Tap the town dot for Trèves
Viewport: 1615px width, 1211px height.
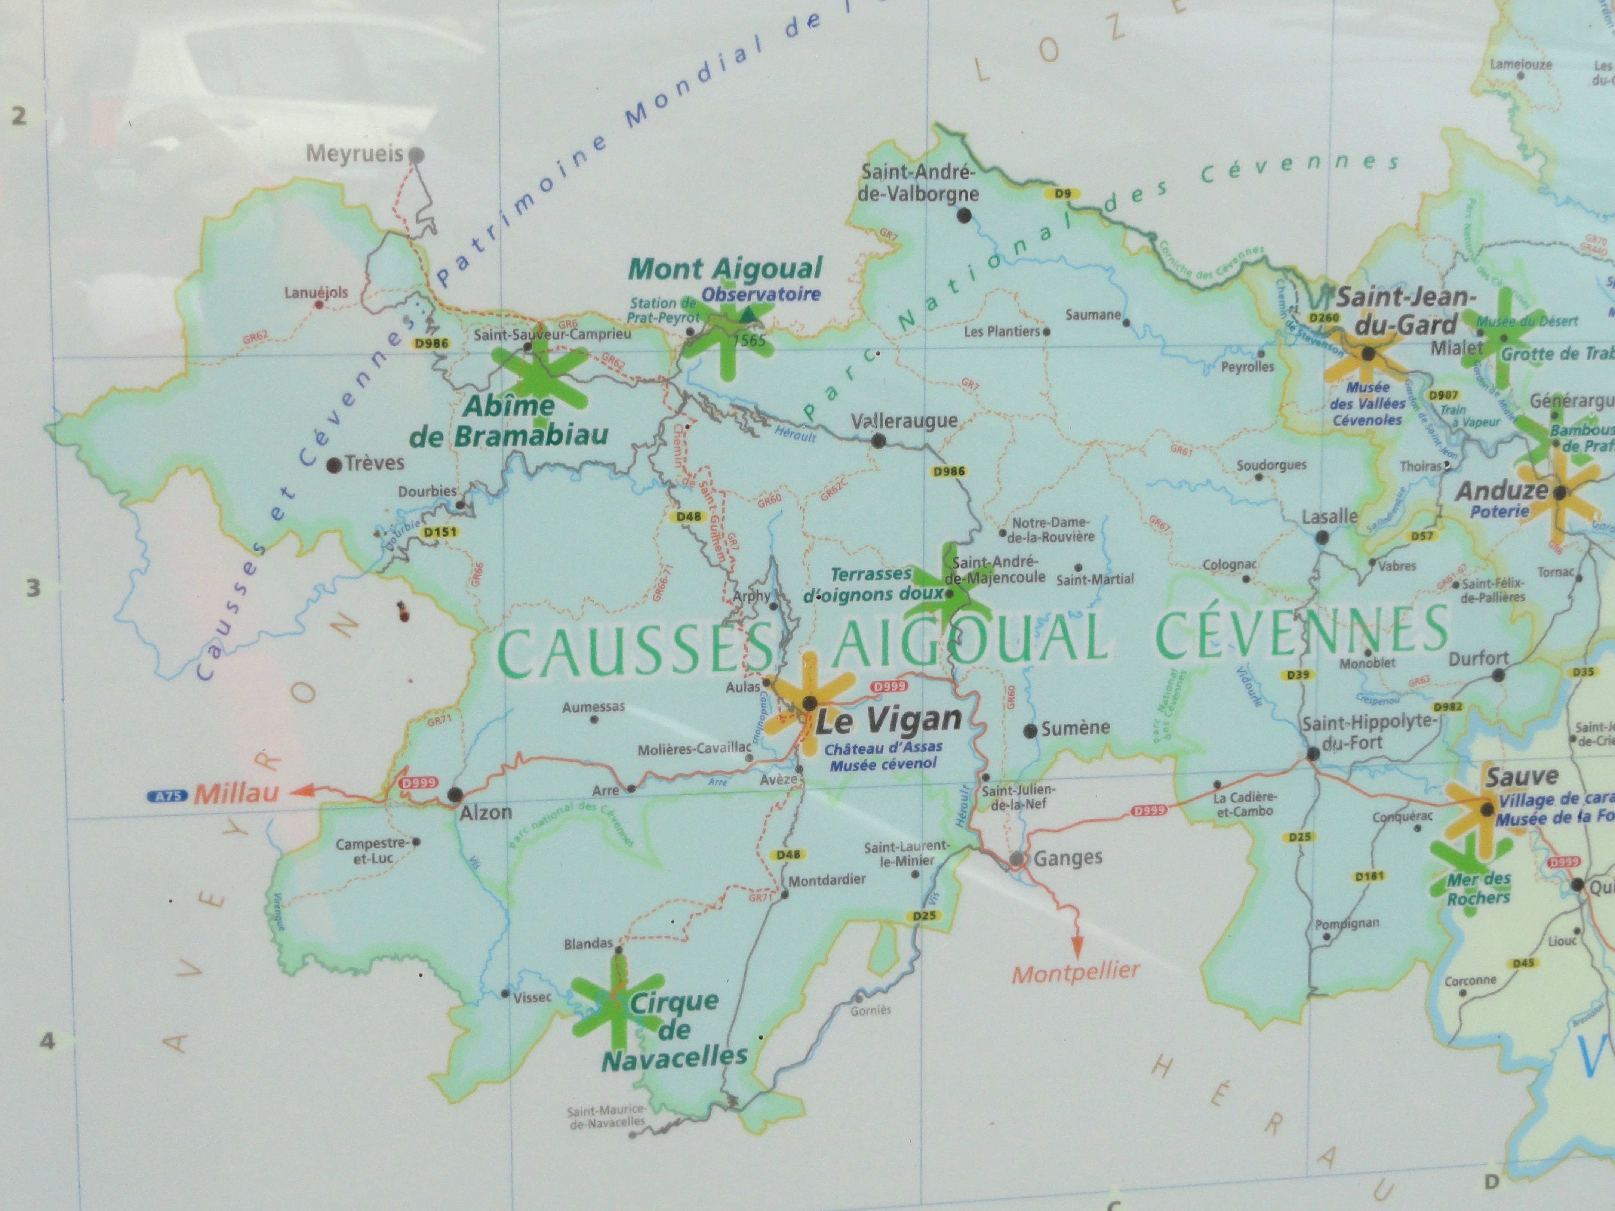pyautogui.click(x=334, y=466)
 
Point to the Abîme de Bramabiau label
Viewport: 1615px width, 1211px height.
pyautogui.click(x=509, y=421)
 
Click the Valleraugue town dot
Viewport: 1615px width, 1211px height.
pyautogui.click(x=878, y=440)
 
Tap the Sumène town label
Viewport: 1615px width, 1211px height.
pyautogui.click(x=1076, y=728)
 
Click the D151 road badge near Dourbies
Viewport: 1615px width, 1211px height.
pyautogui.click(x=440, y=532)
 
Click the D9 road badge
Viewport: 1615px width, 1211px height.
pyautogui.click(x=1062, y=194)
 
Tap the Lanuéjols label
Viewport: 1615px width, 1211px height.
pyautogui.click(x=316, y=293)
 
